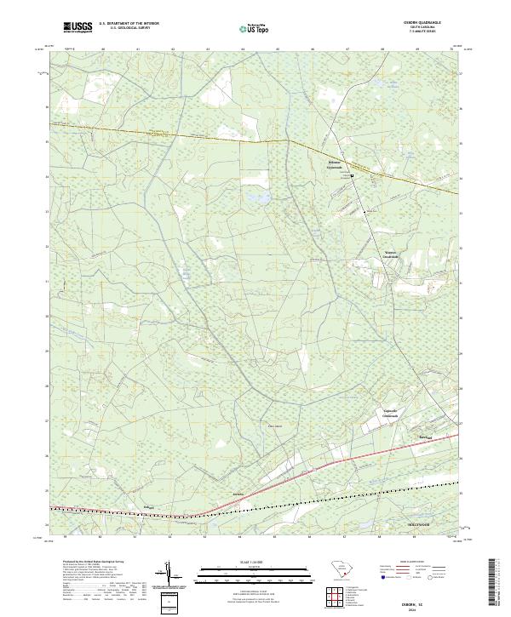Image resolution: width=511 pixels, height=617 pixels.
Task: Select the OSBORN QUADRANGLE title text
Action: pos(416,23)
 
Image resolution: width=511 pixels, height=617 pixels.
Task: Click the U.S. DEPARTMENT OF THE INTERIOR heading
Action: pos(129,24)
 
